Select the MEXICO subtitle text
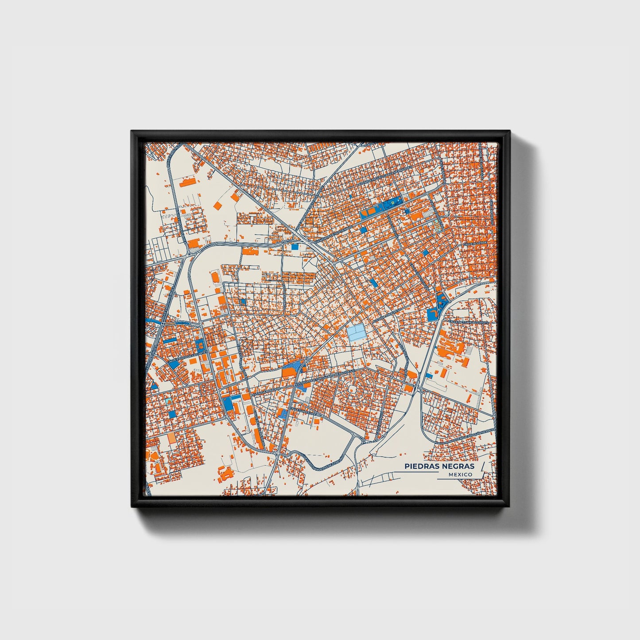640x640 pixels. (460, 474)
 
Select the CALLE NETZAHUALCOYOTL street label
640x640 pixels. (468, 322)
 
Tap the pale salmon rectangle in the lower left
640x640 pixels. (171, 438)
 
